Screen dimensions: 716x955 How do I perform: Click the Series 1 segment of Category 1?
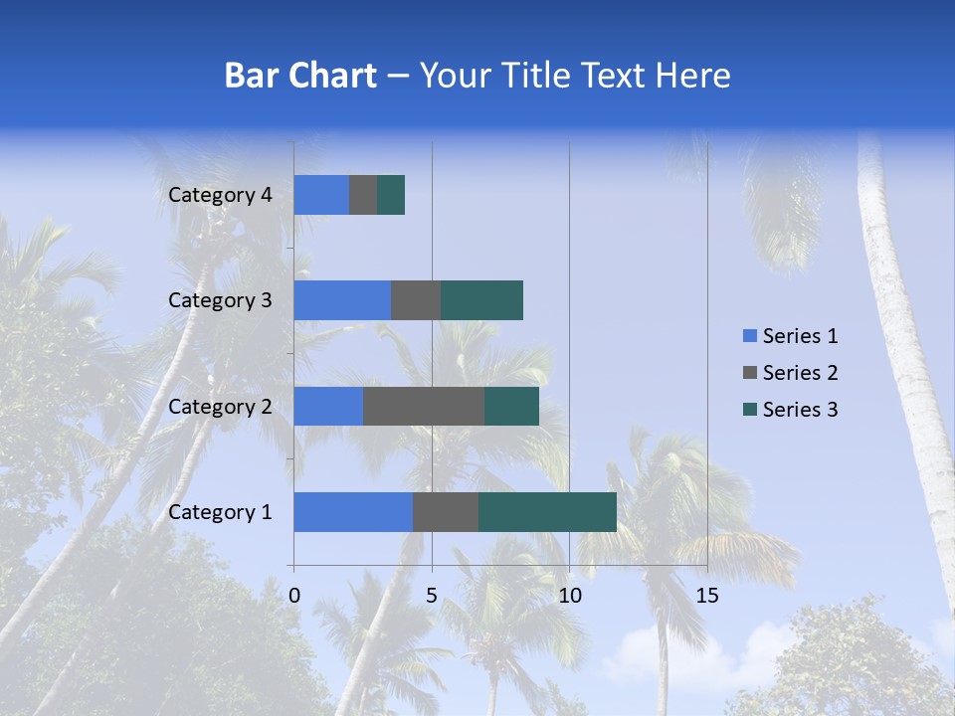353,512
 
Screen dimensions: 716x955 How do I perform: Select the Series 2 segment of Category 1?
446,512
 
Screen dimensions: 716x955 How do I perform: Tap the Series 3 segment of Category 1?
547,512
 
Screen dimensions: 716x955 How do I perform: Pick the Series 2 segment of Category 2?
424,406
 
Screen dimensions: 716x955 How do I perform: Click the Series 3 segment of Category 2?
511,406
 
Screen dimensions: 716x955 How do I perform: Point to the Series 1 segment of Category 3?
342,300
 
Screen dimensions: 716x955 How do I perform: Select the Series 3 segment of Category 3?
481,300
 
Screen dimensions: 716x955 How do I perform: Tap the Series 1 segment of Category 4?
321,195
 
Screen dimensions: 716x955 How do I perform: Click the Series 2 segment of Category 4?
363,195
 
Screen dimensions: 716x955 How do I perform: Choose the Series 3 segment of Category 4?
391,195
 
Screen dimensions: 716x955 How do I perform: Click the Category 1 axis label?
220,512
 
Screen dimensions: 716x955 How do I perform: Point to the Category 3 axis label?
220,300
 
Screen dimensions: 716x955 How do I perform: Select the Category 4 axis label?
220,195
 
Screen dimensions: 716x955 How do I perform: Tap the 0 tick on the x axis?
294,596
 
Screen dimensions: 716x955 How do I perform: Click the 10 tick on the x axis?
569,596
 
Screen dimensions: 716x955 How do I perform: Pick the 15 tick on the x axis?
706,596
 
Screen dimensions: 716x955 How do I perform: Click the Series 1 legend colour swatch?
749,336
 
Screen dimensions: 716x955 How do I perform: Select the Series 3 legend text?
800,410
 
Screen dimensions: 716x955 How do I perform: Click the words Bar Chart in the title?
300,76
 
